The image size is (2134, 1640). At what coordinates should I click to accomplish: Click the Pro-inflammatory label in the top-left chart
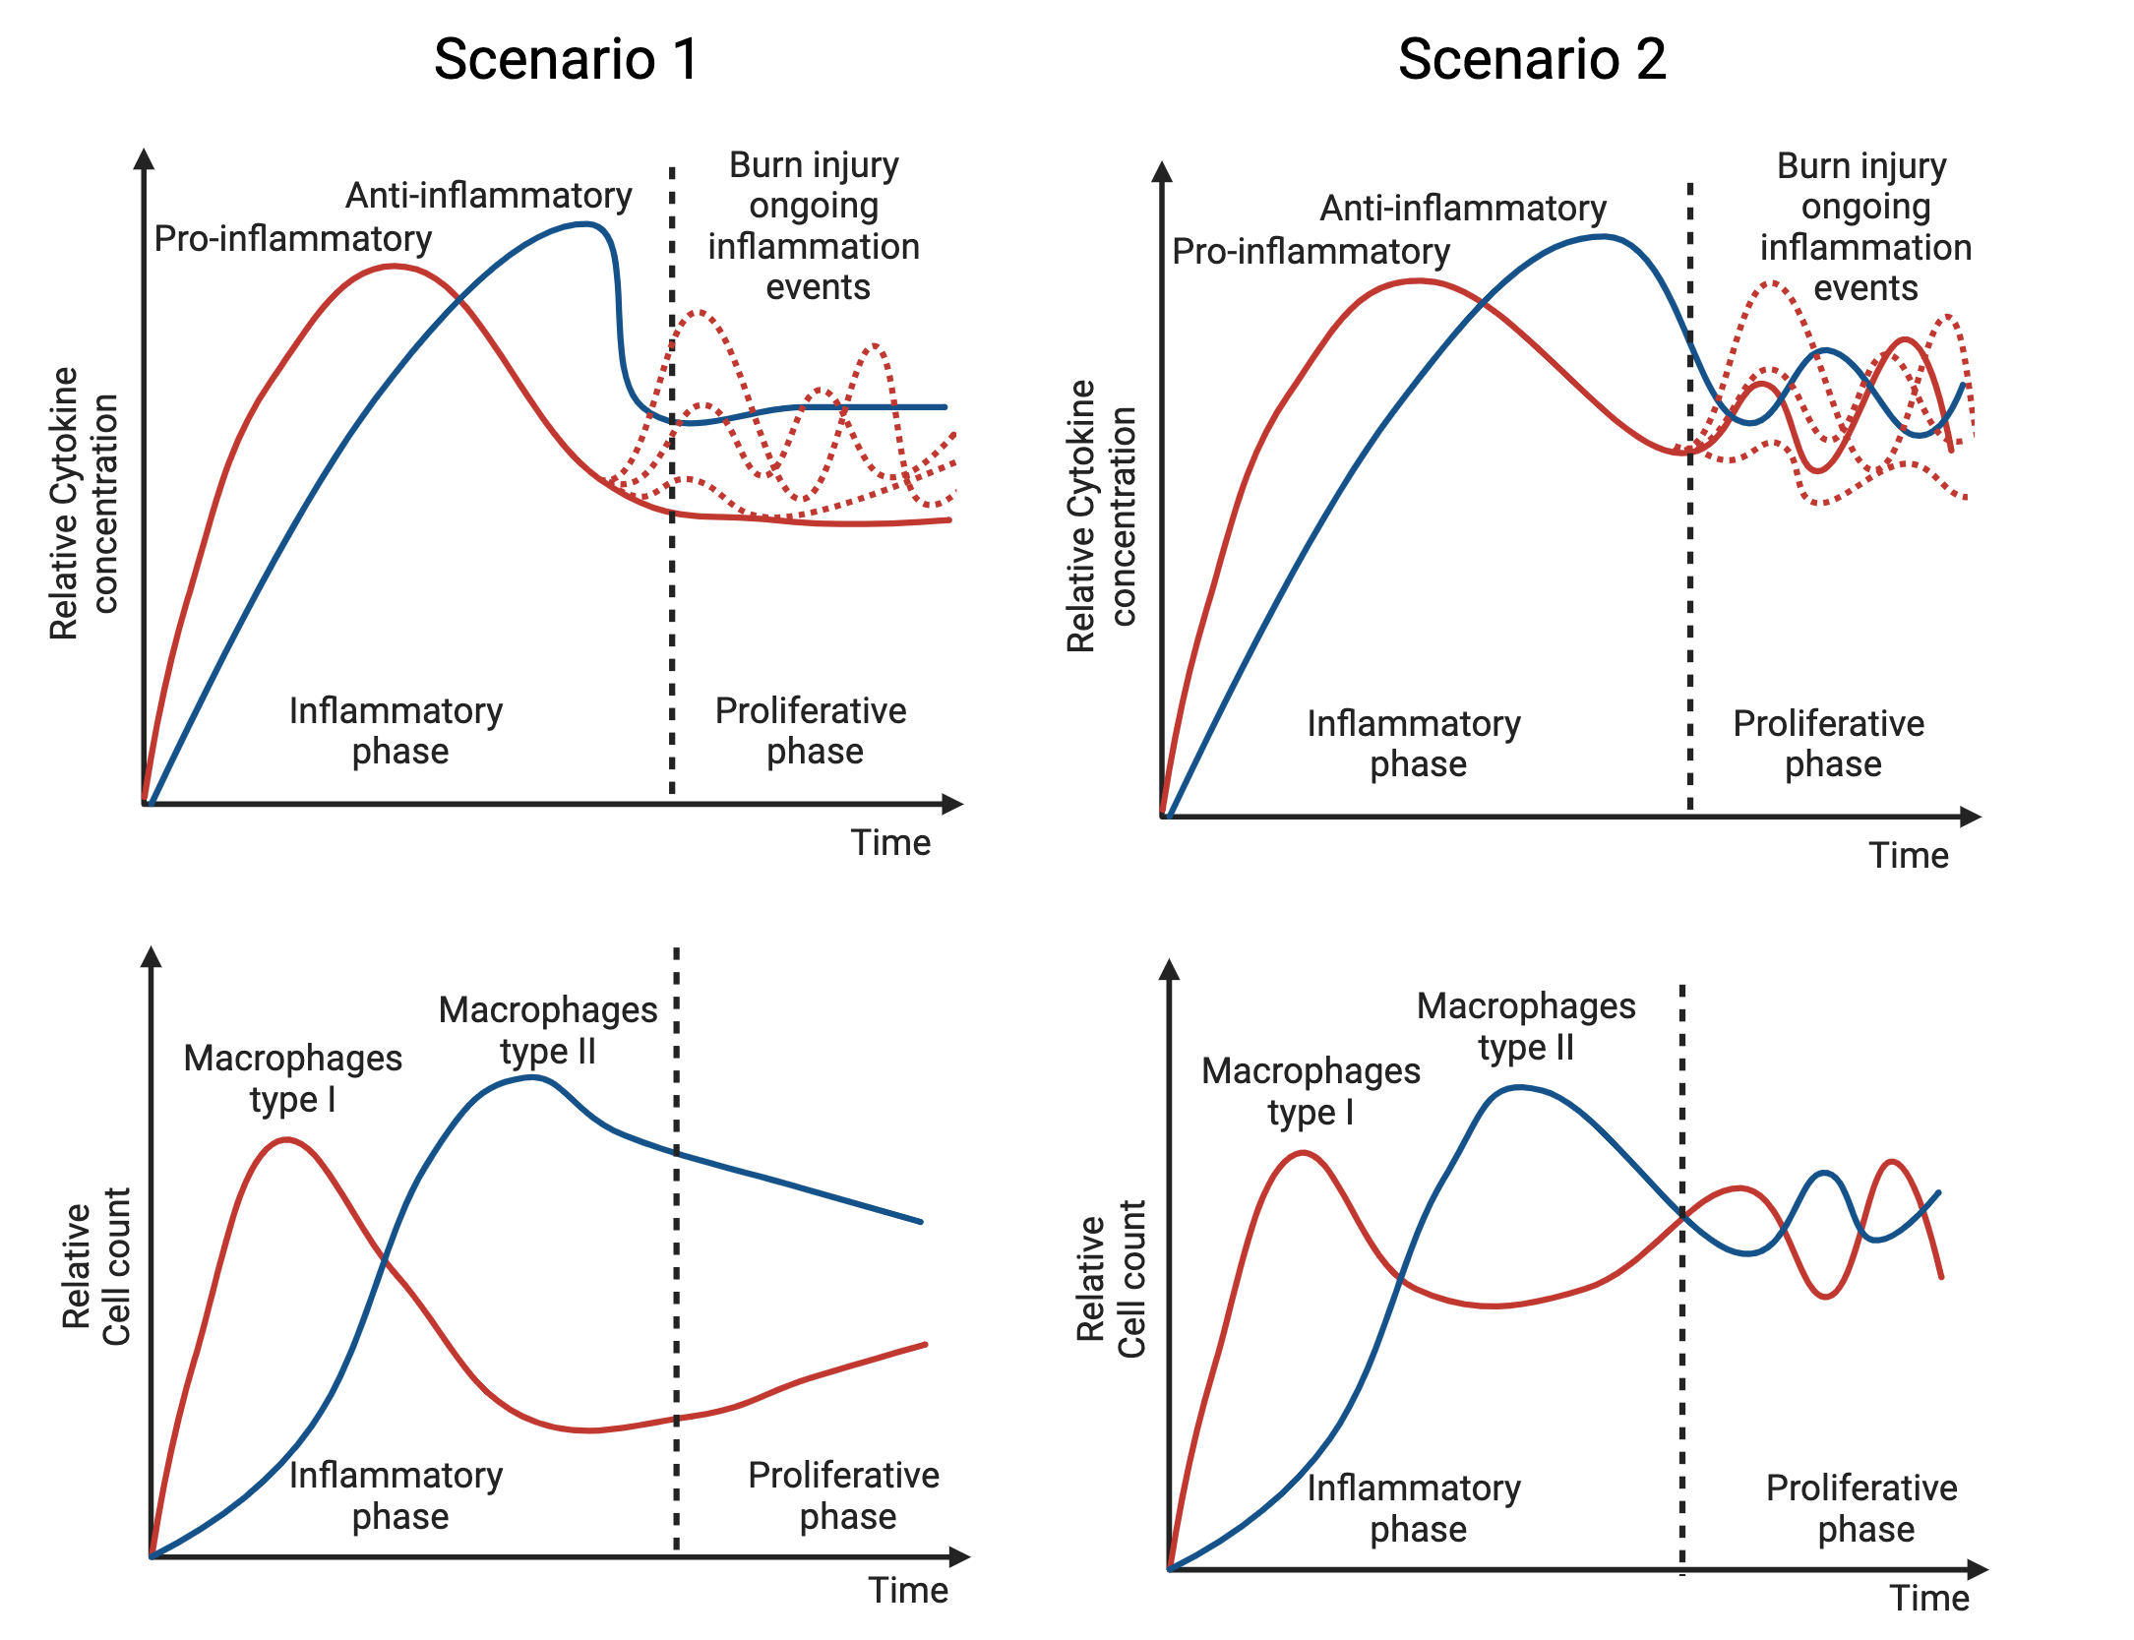tap(293, 239)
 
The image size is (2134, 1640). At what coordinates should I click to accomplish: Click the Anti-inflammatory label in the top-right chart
tap(1462, 209)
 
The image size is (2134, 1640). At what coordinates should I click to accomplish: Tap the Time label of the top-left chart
tap(890, 843)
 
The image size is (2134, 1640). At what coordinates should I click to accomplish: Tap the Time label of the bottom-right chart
tap(1929, 1599)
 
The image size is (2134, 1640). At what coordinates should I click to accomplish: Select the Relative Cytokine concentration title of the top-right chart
tap(1101, 516)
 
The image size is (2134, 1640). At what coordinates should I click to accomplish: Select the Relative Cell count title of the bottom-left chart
tap(95, 1267)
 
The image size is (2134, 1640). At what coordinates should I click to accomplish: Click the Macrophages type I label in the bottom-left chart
tap(292, 1078)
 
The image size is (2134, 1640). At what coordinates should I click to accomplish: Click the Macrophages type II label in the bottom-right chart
tap(1526, 1026)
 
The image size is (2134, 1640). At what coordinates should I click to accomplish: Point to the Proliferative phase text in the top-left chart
tap(812, 730)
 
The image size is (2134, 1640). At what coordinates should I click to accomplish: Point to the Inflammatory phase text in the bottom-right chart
tap(1415, 1508)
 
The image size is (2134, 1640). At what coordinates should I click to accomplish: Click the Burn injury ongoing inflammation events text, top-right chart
tap(1863, 226)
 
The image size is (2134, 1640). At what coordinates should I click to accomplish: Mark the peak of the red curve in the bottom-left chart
tap(285, 1139)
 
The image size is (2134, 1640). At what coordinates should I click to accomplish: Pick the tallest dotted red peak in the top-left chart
tap(698, 313)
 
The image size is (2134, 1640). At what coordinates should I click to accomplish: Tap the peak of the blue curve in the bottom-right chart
tap(1521, 1088)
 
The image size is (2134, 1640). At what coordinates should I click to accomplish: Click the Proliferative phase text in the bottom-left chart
tap(844, 1495)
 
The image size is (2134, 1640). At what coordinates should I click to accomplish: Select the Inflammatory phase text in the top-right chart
tap(1415, 744)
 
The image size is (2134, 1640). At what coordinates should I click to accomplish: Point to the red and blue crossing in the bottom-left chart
tap(384, 1259)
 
